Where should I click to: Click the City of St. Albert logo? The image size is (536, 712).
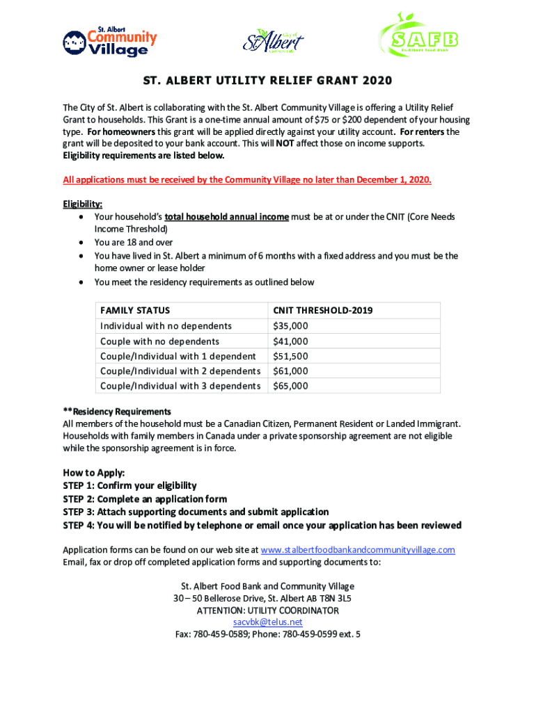pyautogui.click(x=273, y=40)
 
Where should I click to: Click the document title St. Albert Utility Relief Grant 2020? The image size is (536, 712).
pyautogui.click(x=267, y=81)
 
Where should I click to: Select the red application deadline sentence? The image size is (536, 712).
pyautogui.click(x=247, y=180)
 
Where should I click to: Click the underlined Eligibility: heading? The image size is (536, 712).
pyautogui.click(x=83, y=204)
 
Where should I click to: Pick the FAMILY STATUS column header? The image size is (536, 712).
pyautogui.click(x=135, y=310)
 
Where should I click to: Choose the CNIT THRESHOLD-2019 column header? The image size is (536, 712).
pyautogui.click(x=322, y=310)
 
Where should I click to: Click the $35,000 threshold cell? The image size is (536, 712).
pyautogui.click(x=290, y=326)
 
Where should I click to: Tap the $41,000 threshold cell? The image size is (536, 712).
pyautogui.click(x=290, y=341)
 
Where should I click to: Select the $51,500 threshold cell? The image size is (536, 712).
pyautogui.click(x=290, y=357)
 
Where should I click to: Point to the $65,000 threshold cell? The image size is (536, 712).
pyautogui.click(x=290, y=386)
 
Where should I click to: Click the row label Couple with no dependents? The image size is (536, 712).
pyautogui.click(x=159, y=341)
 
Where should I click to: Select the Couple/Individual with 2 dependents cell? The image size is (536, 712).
pyautogui.click(x=180, y=371)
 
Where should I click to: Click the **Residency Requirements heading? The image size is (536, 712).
pyautogui.click(x=117, y=412)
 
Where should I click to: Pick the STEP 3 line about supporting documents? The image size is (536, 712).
pyautogui.click(x=196, y=512)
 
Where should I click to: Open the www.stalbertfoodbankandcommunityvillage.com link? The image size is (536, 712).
pyautogui.click(x=357, y=550)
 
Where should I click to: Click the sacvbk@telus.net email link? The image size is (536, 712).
pyautogui.click(x=268, y=622)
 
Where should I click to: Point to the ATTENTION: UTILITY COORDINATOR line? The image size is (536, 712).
pyautogui.click(x=268, y=610)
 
